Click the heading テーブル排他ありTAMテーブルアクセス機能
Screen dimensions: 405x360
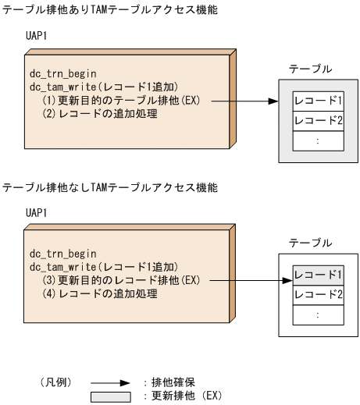pyautogui.click(x=109, y=9)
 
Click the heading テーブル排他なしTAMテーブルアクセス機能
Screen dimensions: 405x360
pyautogui.click(x=109, y=187)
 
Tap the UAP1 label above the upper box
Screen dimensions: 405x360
pyautogui.click(x=37, y=36)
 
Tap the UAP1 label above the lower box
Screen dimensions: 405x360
pyautogui.click(x=37, y=212)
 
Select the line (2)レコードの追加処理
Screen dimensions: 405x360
pyautogui.click(x=100, y=115)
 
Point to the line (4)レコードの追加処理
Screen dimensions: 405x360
pyautogui.click(x=100, y=294)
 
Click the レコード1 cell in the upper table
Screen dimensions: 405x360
pyautogui.click(x=318, y=101)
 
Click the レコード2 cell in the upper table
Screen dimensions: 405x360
pyautogui.click(x=318, y=121)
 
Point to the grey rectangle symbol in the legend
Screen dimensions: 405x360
pyautogui.click(x=111, y=396)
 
